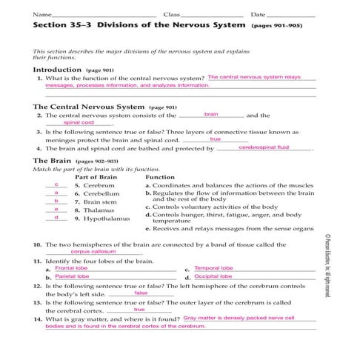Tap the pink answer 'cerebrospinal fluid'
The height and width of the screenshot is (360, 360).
pos(264,147)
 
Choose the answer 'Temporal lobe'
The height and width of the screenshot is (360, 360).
pos(213,268)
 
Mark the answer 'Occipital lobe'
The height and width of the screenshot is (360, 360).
pos(213,276)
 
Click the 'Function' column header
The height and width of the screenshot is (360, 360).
pos(160,178)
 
